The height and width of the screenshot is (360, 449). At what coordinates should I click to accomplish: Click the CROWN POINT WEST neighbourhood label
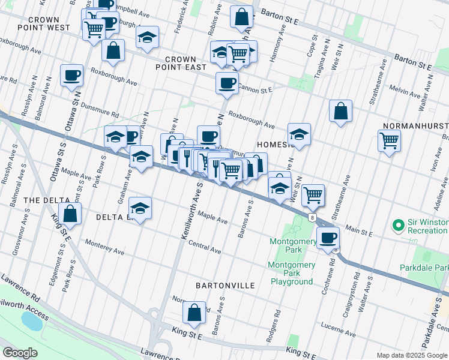pyautogui.click(x=43, y=23)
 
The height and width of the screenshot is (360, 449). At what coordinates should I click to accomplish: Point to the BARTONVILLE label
pyautogui.click(x=225, y=285)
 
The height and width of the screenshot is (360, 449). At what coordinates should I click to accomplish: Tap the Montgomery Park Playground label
pyautogui.click(x=291, y=273)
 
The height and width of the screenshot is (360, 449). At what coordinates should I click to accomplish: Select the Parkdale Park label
pyautogui.click(x=433, y=268)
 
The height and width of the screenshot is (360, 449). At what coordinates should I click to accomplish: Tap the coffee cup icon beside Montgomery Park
pyautogui.click(x=328, y=238)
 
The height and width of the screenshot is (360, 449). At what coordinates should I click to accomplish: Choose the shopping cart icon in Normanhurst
pyautogui.click(x=390, y=141)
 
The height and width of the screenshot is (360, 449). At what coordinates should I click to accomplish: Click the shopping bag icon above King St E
pyautogui.click(x=194, y=312)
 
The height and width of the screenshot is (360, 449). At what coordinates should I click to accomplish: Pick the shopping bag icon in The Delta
pyautogui.click(x=70, y=213)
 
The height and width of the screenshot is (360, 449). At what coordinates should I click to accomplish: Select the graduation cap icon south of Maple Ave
pyautogui.click(x=140, y=208)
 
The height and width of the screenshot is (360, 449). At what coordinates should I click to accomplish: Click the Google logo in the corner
pyautogui.click(x=20, y=353)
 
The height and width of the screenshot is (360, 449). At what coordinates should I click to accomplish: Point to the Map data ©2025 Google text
pyautogui.click(x=412, y=355)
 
